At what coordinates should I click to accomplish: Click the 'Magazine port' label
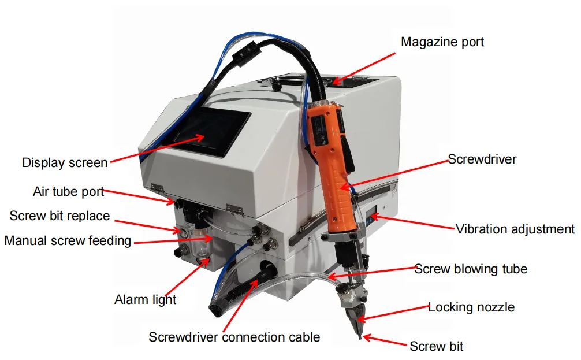442,42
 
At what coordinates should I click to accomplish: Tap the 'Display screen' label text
65,162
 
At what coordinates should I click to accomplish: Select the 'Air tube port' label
68,191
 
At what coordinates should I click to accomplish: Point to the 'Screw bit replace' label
59,216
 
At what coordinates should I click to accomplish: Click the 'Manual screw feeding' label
68,240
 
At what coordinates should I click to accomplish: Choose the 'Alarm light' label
145,299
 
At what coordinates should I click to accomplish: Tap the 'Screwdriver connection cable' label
234,337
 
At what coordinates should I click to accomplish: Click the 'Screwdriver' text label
482,159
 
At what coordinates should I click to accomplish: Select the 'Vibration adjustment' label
515,229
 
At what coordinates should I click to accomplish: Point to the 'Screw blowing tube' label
471,269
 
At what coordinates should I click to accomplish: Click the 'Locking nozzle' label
471,307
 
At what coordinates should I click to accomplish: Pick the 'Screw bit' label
436,346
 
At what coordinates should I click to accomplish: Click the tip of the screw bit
360,337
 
